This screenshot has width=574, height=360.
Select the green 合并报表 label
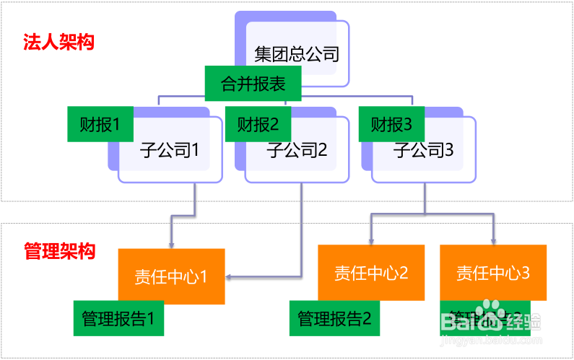[x=253, y=84]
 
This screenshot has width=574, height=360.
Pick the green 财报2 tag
[x=258, y=124]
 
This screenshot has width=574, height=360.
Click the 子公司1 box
[x=170, y=152]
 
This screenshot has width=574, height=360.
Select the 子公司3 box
[x=424, y=152]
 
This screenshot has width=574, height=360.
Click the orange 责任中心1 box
[x=171, y=276]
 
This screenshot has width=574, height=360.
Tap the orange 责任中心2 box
[x=371, y=273]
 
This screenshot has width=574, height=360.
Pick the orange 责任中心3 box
[x=493, y=273]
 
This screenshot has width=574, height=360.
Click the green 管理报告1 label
[x=118, y=318]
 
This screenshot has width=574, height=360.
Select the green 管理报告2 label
[x=334, y=318]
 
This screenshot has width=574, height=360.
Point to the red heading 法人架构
[x=58, y=42]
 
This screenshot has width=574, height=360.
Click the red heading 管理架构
[x=59, y=251]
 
